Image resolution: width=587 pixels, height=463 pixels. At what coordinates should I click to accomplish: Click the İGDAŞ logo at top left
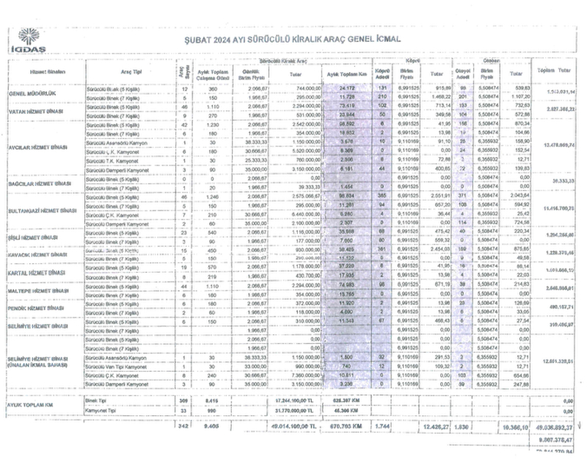point(28,40)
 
